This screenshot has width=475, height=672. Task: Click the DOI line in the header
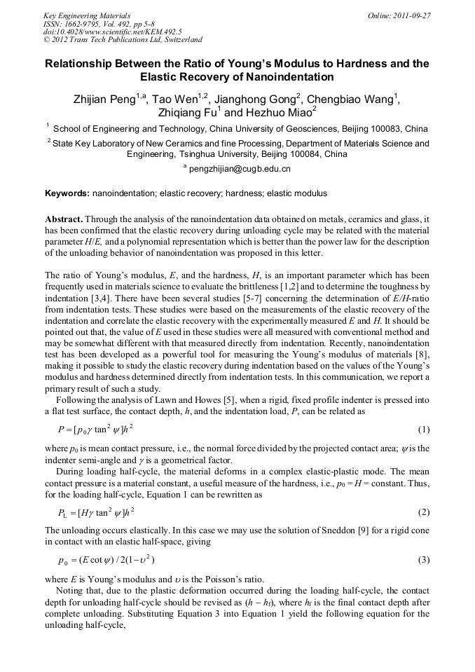click(113, 32)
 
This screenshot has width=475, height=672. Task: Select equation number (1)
click(423, 428)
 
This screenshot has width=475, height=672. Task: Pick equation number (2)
click(423, 512)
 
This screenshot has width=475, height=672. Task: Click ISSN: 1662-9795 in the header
click(73, 23)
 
